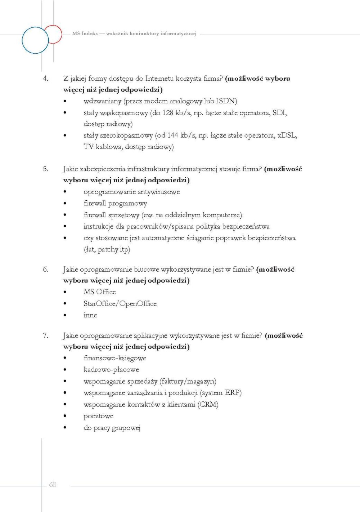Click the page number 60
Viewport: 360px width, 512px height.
[x=53, y=485]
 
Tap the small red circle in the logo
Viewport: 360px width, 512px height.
[x=53, y=34]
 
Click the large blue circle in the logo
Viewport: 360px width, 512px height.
[x=35, y=40]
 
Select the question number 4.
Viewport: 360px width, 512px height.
[x=45, y=79]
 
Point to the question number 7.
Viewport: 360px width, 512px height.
[x=45, y=335]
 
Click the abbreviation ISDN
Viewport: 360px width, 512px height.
[x=226, y=101]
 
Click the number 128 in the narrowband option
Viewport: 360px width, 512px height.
[x=168, y=113]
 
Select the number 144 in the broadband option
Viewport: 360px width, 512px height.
[x=172, y=135]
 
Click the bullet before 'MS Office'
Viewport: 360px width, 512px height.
[x=65, y=292]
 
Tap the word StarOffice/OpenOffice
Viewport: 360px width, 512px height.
[x=120, y=304]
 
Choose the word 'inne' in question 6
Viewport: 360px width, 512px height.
[x=90, y=315]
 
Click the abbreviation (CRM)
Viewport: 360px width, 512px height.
[x=208, y=405]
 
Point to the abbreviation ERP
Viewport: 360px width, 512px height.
[x=233, y=393]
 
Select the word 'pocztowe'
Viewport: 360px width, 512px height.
[x=98, y=416]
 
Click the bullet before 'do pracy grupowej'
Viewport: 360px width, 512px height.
[x=65, y=428]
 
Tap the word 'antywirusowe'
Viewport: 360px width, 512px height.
[x=159, y=192]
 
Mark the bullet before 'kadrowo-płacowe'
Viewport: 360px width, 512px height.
[x=65, y=370]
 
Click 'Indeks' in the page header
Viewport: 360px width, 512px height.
[x=90, y=34]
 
